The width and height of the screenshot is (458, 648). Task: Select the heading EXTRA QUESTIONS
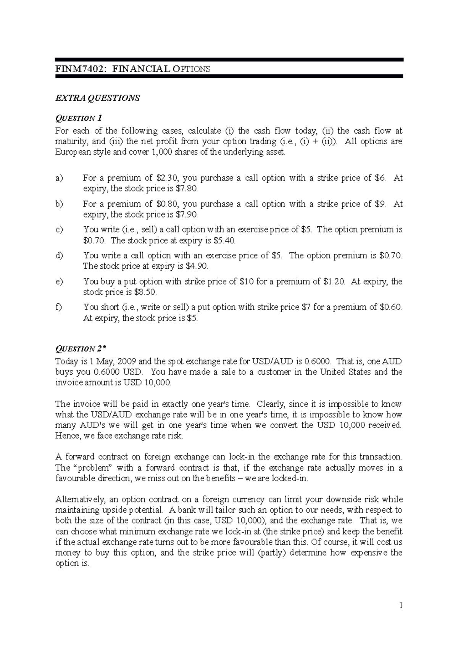click(x=97, y=98)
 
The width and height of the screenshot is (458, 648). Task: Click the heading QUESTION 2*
click(x=80, y=348)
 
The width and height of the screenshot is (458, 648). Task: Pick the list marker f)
click(x=58, y=307)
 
